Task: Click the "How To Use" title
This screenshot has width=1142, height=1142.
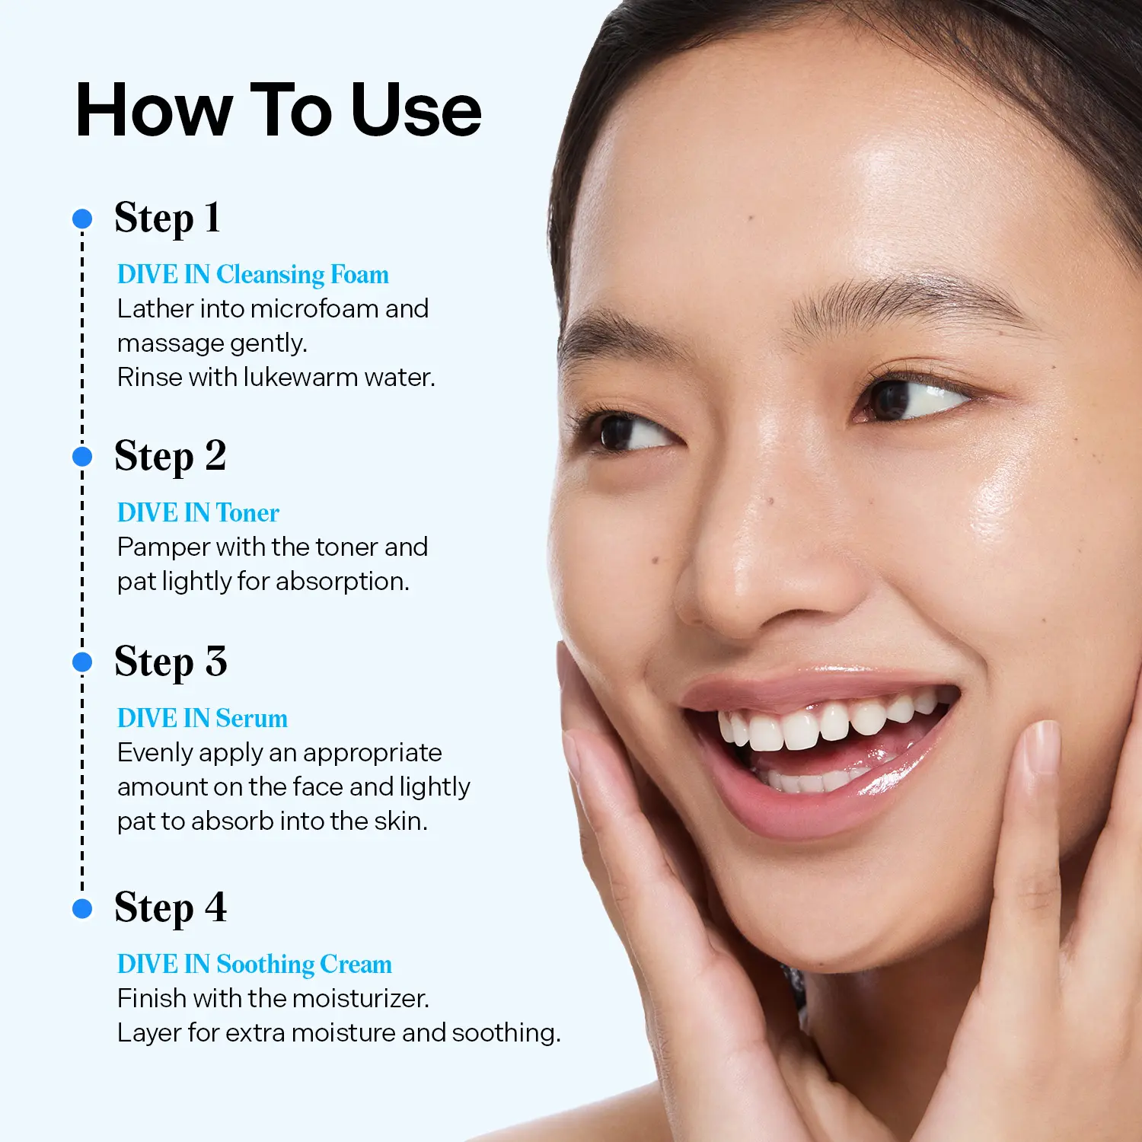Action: coord(279,111)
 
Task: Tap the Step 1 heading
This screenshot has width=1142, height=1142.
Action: coord(167,219)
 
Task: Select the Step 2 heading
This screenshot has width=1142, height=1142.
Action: coord(171,457)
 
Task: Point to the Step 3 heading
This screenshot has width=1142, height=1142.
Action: coord(171,662)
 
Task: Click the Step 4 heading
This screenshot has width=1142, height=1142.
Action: coord(171,908)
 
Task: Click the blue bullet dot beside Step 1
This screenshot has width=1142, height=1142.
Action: coord(82,219)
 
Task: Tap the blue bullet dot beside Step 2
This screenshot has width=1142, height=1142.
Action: coord(82,457)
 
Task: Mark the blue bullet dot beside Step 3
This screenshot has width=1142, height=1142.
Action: coord(82,662)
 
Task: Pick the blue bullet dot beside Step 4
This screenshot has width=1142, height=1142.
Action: coord(82,908)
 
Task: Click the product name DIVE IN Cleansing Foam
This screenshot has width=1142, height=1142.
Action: coord(253,275)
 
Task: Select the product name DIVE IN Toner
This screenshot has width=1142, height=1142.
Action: coord(198,512)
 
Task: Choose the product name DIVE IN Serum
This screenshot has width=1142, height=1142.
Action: coord(203,718)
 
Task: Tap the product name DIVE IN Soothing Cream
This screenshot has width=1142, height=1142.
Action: coord(254,965)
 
